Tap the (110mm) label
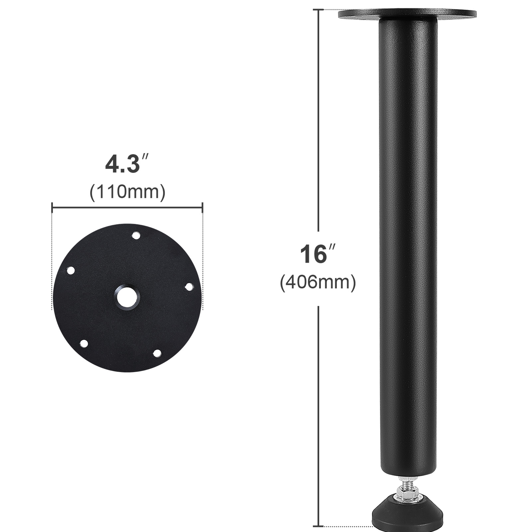(127, 192)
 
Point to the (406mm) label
(318, 283)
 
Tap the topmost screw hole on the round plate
(136, 235)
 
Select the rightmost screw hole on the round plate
(189, 287)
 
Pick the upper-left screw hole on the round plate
(70, 270)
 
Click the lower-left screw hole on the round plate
(84, 343)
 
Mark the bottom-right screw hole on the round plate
(157, 353)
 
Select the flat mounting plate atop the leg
(407, 14)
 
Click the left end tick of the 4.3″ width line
(53, 208)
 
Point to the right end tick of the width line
(202, 208)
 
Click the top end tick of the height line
(319, 10)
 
